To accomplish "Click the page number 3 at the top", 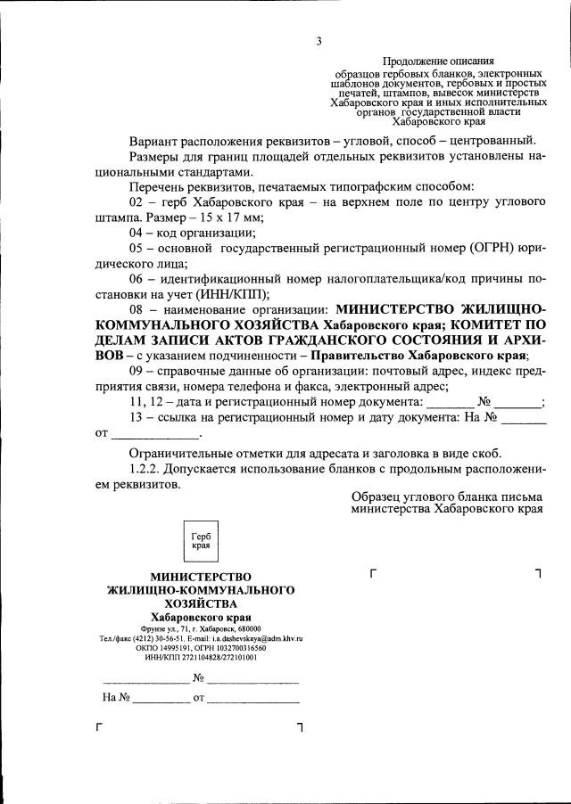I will coord(318,40).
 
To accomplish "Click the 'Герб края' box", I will coord(201,540).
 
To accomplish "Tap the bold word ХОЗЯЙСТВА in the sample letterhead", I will coord(201,603).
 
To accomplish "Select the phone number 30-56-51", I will coord(163,639).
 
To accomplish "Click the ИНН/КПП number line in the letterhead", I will coord(200,657).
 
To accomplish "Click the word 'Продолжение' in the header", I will coord(414,59).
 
